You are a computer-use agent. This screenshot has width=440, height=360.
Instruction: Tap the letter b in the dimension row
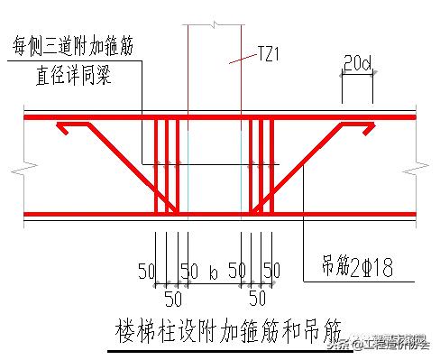pos(214,270)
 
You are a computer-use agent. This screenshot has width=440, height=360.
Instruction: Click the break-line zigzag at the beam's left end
pos(17,166)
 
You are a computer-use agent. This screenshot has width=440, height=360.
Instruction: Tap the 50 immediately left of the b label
pos(188,270)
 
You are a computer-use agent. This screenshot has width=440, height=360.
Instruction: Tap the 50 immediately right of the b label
pos(237,270)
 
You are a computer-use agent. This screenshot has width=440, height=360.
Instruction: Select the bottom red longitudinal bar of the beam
pos(216,215)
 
